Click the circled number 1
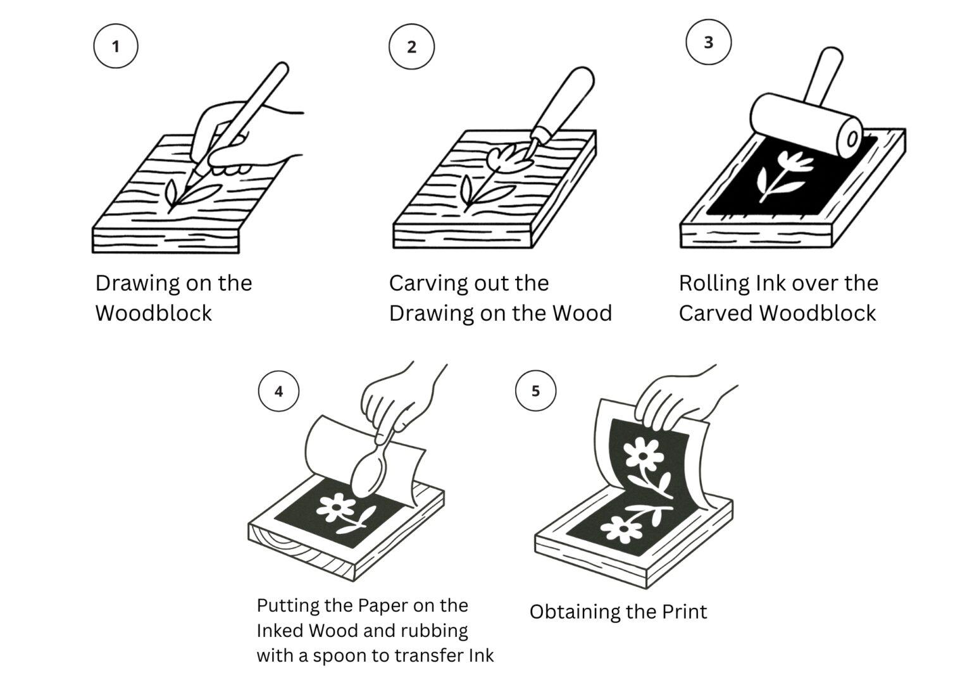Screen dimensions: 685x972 [x=115, y=46]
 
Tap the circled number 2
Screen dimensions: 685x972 [x=411, y=47]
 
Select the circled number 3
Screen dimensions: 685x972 [x=708, y=42]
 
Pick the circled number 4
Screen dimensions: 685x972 [x=278, y=391]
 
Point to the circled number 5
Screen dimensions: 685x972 [x=535, y=391]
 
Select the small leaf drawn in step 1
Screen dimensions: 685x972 [x=171, y=191]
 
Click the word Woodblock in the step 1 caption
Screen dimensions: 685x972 [x=154, y=313]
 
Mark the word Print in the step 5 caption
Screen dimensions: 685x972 [x=684, y=612]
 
